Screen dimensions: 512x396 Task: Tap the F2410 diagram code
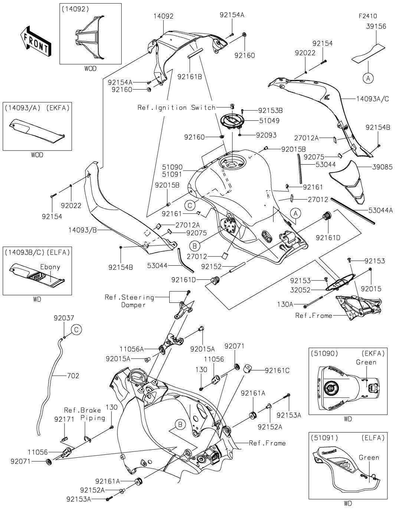tap(368, 16)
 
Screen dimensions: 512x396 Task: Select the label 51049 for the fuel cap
tap(270, 121)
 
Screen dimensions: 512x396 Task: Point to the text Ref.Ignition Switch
tap(176, 107)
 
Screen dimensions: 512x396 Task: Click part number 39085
tap(383, 167)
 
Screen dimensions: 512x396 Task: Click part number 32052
tap(300, 290)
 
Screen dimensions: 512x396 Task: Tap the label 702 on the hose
tap(73, 376)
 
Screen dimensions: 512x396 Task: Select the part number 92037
tap(64, 318)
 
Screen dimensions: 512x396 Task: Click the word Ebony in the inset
tap(50, 267)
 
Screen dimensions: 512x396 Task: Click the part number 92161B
tap(190, 77)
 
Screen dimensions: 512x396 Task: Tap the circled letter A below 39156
tap(368, 78)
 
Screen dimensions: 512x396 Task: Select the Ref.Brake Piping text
tap(82, 414)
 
